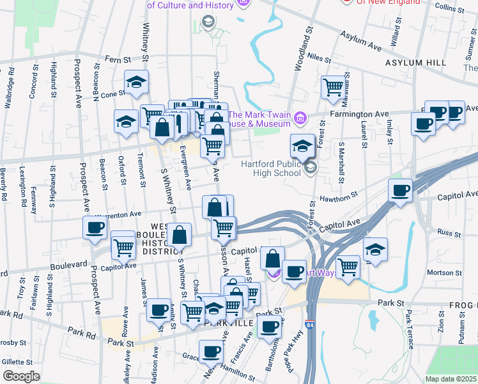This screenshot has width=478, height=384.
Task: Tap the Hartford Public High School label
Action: [x=271, y=168]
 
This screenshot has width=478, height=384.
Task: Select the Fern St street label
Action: [x=118, y=59]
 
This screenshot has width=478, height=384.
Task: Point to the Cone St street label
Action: [x=112, y=93]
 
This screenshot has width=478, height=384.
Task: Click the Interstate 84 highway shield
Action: [x=310, y=327]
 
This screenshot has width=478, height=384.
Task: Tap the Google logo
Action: [x=21, y=376]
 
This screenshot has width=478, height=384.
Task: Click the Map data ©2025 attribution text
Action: [x=451, y=379]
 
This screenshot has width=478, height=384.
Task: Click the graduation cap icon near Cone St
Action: [x=136, y=81]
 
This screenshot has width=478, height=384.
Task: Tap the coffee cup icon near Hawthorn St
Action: [x=401, y=189]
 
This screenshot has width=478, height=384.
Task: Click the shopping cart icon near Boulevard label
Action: [x=123, y=246]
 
